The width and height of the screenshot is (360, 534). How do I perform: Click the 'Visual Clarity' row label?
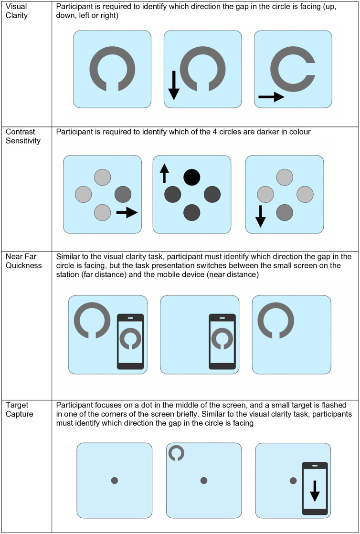click(16, 11)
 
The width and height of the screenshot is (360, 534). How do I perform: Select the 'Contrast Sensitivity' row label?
click(23, 136)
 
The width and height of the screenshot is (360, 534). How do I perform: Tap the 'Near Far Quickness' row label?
click(24, 261)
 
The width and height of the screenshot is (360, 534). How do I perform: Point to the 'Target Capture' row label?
click(20, 410)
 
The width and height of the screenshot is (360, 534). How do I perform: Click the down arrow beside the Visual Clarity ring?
click(174, 85)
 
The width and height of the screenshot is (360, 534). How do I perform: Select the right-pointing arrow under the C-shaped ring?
click(272, 97)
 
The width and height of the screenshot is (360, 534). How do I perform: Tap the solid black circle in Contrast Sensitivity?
click(192, 177)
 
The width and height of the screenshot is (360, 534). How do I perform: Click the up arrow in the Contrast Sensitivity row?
click(164, 173)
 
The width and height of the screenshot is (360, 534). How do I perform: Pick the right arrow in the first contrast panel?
click(127, 212)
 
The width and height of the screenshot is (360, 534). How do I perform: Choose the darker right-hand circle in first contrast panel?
click(123, 194)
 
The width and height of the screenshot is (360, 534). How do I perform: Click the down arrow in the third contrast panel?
click(261, 216)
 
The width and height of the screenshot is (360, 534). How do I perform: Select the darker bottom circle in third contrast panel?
click(285, 213)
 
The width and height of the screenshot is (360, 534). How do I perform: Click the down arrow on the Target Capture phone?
click(315, 491)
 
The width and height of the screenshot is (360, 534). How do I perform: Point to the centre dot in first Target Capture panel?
click(115, 480)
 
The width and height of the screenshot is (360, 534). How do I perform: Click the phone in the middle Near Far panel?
click(222, 342)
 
